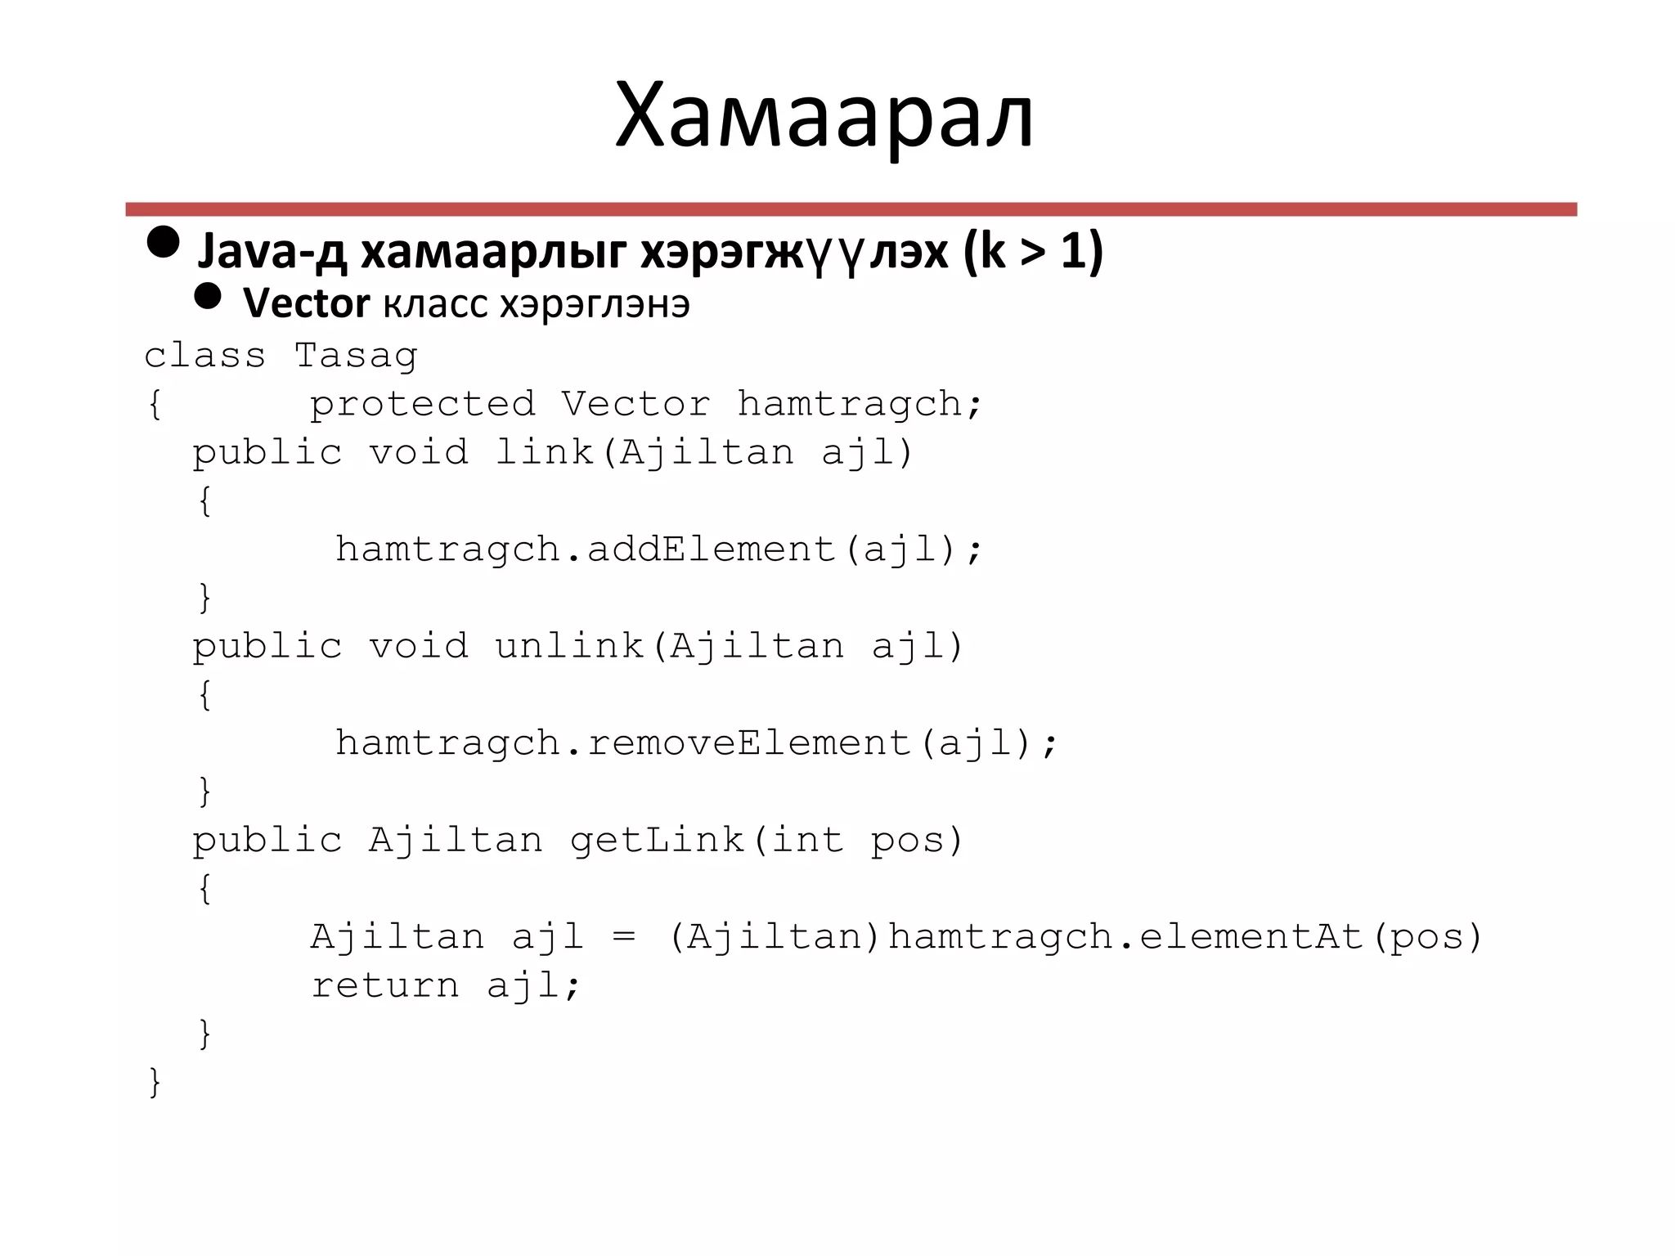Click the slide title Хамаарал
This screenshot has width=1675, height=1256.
[824, 116]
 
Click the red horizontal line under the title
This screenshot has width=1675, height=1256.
[851, 209]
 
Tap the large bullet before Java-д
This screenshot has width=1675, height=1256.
[164, 242]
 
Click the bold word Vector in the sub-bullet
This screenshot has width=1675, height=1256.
[306, 304]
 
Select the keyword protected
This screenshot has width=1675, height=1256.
[422, 404]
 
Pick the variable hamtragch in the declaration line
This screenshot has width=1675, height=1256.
[849, 404]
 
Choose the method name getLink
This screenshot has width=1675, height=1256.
[657, 841]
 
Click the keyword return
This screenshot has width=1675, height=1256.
[385, 985]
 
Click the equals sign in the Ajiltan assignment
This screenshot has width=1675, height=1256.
[624, 937]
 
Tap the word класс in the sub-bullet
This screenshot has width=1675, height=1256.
[436, 304]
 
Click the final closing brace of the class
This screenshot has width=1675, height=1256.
[154, 1082]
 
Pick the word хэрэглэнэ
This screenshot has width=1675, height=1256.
[595, 304]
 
